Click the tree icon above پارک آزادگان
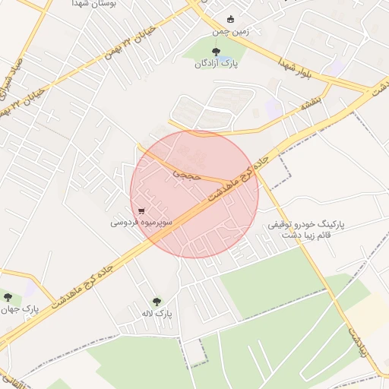[217, 52]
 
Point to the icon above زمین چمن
[231, 20]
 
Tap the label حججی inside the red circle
[183, 174]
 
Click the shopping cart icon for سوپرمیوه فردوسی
[142, 210]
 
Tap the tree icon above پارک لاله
[157, 301]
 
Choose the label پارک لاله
[158, 313]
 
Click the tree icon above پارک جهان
[8, 297]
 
